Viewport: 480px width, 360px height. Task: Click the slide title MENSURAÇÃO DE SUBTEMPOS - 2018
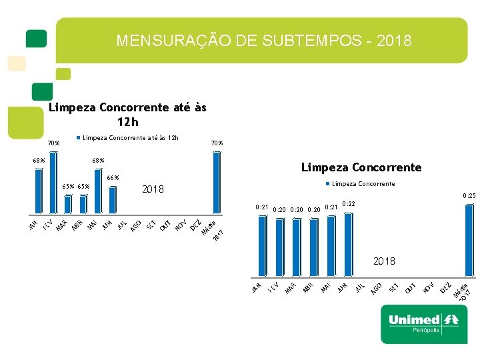click(x=264, y=41)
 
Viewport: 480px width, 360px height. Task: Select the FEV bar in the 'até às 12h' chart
click(x=53, y=183)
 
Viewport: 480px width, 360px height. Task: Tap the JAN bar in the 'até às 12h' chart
click(x=38, y=191)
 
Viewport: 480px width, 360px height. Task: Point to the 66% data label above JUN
click(x=113, y=177)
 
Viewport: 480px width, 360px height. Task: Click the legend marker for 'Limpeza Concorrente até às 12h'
click(x=79, y=138)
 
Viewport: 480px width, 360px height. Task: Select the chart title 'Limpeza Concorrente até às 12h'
click(x=128, y=114)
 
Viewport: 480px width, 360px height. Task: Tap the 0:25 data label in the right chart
click(x=469, y=196)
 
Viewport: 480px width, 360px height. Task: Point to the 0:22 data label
click(x=348, y=204)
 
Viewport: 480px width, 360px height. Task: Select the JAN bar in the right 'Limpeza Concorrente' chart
click(x=261, y=246)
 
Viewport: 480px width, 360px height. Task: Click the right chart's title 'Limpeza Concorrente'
click(x=361, y=167)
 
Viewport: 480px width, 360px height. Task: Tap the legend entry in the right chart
click(x=360, y=184)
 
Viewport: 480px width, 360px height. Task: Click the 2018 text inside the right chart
click(x=384, y=261)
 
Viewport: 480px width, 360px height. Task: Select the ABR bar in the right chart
click(x=313, y=247)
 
